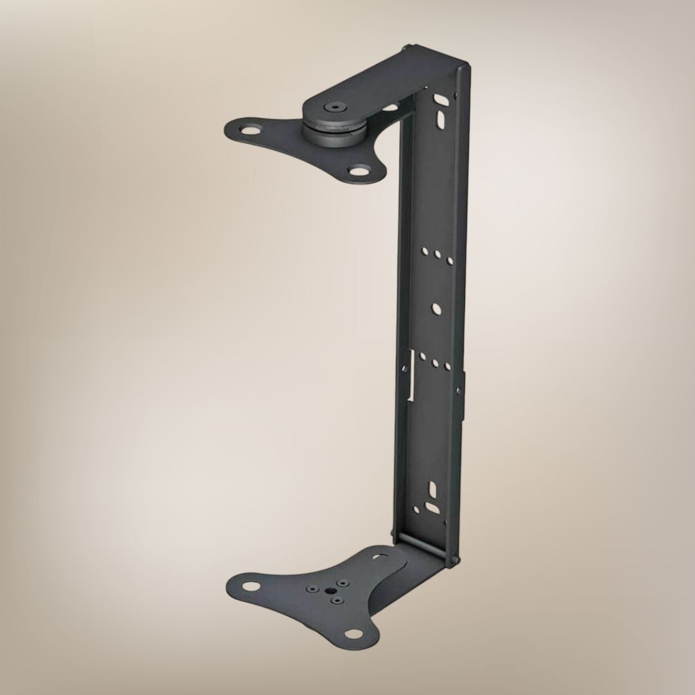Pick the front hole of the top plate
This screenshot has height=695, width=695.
357,171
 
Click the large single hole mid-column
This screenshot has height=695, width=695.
436,310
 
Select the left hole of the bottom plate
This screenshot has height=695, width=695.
251,586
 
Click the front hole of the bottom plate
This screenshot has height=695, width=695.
353,634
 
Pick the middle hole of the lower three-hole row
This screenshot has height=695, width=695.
436,364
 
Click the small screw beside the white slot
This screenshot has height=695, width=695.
404,369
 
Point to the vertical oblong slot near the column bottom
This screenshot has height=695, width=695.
432,490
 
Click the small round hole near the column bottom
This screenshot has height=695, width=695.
416,511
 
